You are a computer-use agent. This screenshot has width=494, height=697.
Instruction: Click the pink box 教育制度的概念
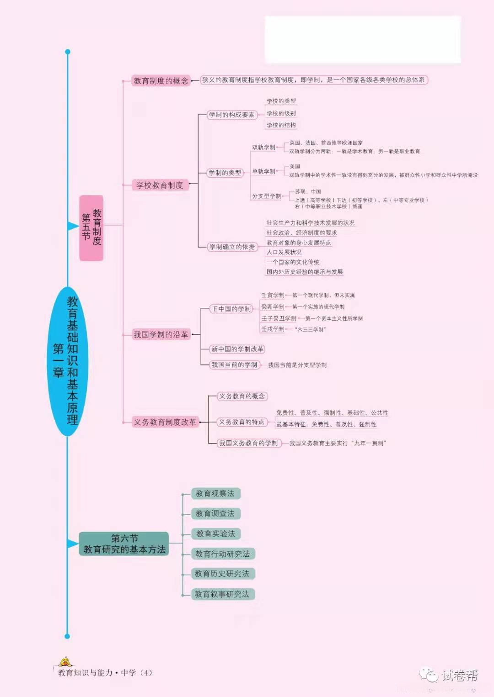click(x=161, y=81)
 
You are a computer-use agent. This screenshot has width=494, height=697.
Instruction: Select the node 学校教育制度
click(x=159, y=185)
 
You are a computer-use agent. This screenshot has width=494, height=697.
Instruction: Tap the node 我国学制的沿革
click(x=161, y=335)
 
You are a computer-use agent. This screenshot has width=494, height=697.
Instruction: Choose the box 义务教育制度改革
click(x=165, y=422)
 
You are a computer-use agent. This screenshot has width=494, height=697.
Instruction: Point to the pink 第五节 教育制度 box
click(x=91, y=227)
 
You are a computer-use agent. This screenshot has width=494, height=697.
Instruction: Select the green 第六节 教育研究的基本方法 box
click(x=124, y=544)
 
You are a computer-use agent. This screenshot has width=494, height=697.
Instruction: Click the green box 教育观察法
click(x=215, y=493)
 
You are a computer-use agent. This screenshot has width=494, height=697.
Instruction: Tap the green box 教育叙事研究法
click(x=222, y=594)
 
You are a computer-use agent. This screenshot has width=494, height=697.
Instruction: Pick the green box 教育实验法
click(x=215, y=533)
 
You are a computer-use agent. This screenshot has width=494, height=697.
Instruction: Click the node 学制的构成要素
click(x=231, y=115)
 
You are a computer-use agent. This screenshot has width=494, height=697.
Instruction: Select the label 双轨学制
click(x=263, y=147)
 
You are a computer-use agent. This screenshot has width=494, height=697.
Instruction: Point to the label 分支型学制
click(x=266, y=196)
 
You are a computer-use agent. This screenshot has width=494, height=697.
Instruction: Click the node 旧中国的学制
click(x=231, y=309)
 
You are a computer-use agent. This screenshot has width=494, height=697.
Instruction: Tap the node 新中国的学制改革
click(x=237, y=349)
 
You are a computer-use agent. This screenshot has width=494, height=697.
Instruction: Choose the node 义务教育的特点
click(x=242, y=422)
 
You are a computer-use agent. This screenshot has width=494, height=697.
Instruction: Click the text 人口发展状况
click(x=284, y=252)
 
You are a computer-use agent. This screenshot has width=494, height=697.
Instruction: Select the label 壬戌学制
click(x=273, y=329)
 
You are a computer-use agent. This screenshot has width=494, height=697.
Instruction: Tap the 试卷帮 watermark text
click(x=459, y=675)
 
